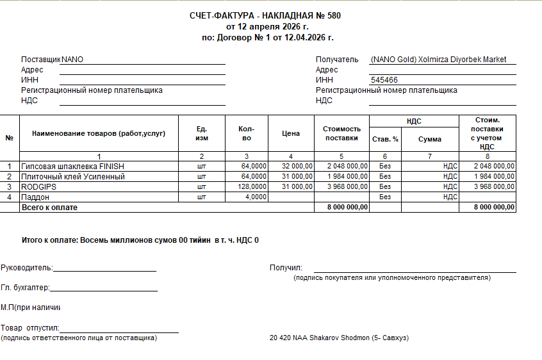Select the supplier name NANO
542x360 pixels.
pyautogui.click(x=72, y=60)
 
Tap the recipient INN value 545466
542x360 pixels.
pyautogui.click(x=384, y=80)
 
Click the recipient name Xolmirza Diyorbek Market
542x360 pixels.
pyautogui.click(x=462, y=60)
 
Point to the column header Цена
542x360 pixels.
pyautogui.click(x=291, y=133)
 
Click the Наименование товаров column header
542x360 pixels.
pyautogui.click(x=99, y=133)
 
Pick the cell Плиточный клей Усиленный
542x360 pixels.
pyautogui.click(x=73, y=176)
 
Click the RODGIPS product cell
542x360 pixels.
pyautogui.click(x=39, y=186)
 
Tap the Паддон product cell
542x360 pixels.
pyautogui.click(x=35, y=197)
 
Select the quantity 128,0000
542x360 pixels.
pyautogui.click(x=252, y=186)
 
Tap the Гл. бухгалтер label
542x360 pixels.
pyautogui.click(x=25, y=288)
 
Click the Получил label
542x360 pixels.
pyautogui.click(x=286, y=268)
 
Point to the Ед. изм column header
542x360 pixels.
pyautogui.click(x=202, y=133)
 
